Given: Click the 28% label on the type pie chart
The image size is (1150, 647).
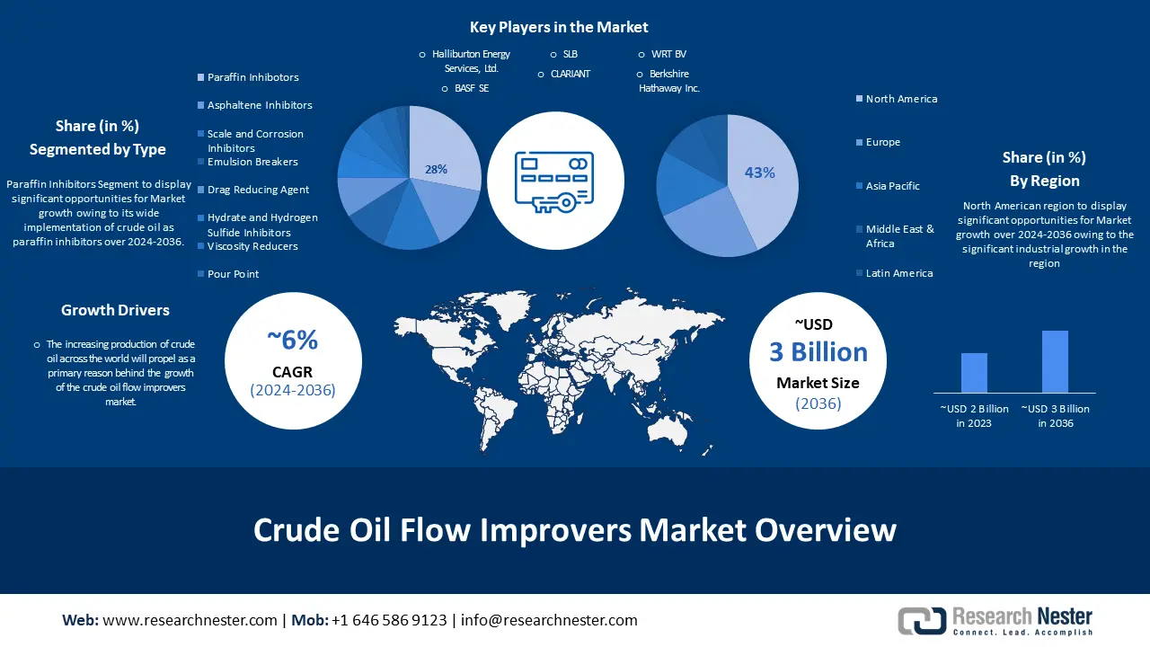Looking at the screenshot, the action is click(x=436, y=169).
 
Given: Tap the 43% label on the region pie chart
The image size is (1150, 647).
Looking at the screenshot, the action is click(x=759, y=173).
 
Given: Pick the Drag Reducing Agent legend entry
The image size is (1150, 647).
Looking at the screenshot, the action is click(x=253, y=190).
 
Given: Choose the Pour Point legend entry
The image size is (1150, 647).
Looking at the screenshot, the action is click(x=228, y=274).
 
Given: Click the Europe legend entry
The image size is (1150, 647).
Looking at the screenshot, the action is click(x=878, y=142).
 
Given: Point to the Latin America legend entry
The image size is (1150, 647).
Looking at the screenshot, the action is click(x=894, y=273).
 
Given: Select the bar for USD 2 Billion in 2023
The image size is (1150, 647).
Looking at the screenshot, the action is click(x=974, y=373).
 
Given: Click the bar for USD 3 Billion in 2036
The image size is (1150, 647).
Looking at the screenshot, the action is click(x=1055, y=361).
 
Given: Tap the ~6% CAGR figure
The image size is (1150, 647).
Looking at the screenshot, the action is click(x=293, y=340).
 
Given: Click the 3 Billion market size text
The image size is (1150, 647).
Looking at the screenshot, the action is click(x=818, y=352).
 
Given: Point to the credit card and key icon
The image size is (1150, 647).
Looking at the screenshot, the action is click(x=554, y=182).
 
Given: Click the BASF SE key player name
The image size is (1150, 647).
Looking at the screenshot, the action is click(x=472, y=88).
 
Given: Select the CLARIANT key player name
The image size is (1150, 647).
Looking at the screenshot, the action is click(x=570, y=74).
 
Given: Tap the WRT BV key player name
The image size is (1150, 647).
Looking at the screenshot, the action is click(x=668, y=54).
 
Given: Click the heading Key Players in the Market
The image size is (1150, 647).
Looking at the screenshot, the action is click(x=559, y=27).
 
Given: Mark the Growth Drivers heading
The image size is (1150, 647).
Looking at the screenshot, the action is click(x=115, y=310).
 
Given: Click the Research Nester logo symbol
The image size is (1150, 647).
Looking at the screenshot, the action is click(x=922, y=620).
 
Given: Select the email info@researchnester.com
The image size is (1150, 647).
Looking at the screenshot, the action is click(x=549, y=620).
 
